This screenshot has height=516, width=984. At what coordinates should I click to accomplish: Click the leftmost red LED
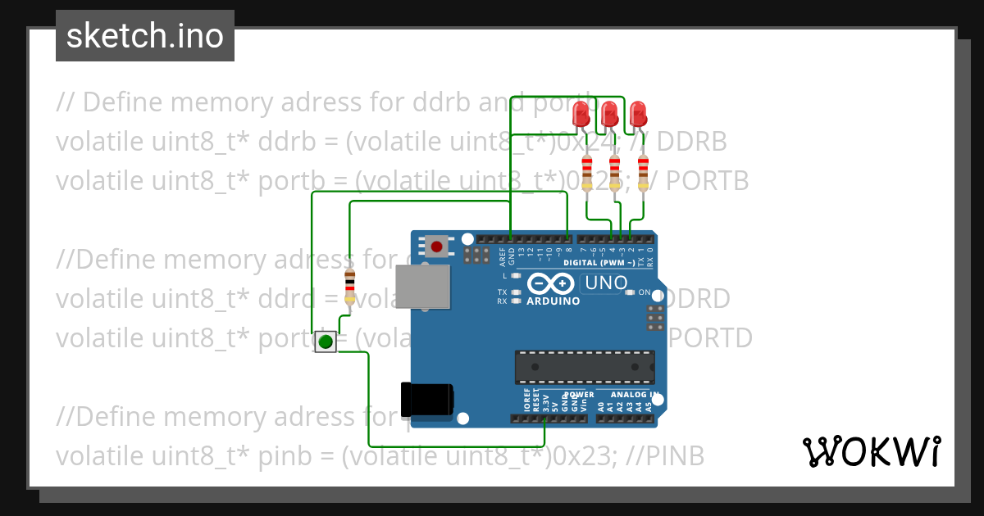click(582, 112)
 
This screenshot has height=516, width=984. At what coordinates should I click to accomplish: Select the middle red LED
click(609, 113)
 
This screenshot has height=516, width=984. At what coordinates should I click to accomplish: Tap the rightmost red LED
click(638, 112)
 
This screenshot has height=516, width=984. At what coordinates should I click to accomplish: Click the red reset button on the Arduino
click(436, 246)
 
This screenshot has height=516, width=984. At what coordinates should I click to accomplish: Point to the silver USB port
click(422, 287)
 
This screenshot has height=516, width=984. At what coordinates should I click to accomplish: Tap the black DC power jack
click(426, 399)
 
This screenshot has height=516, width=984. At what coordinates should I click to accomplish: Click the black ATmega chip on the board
click(585, 367)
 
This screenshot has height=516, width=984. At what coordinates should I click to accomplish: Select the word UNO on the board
click(605, 284)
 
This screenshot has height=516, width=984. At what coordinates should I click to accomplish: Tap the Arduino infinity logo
click(551, 283)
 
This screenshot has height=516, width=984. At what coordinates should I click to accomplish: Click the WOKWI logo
click(871, 451)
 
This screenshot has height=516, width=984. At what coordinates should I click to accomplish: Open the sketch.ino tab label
click(145, 36)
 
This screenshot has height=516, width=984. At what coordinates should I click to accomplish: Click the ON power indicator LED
click(629, 292)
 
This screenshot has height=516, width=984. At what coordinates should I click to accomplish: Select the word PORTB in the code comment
click(707, 181)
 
